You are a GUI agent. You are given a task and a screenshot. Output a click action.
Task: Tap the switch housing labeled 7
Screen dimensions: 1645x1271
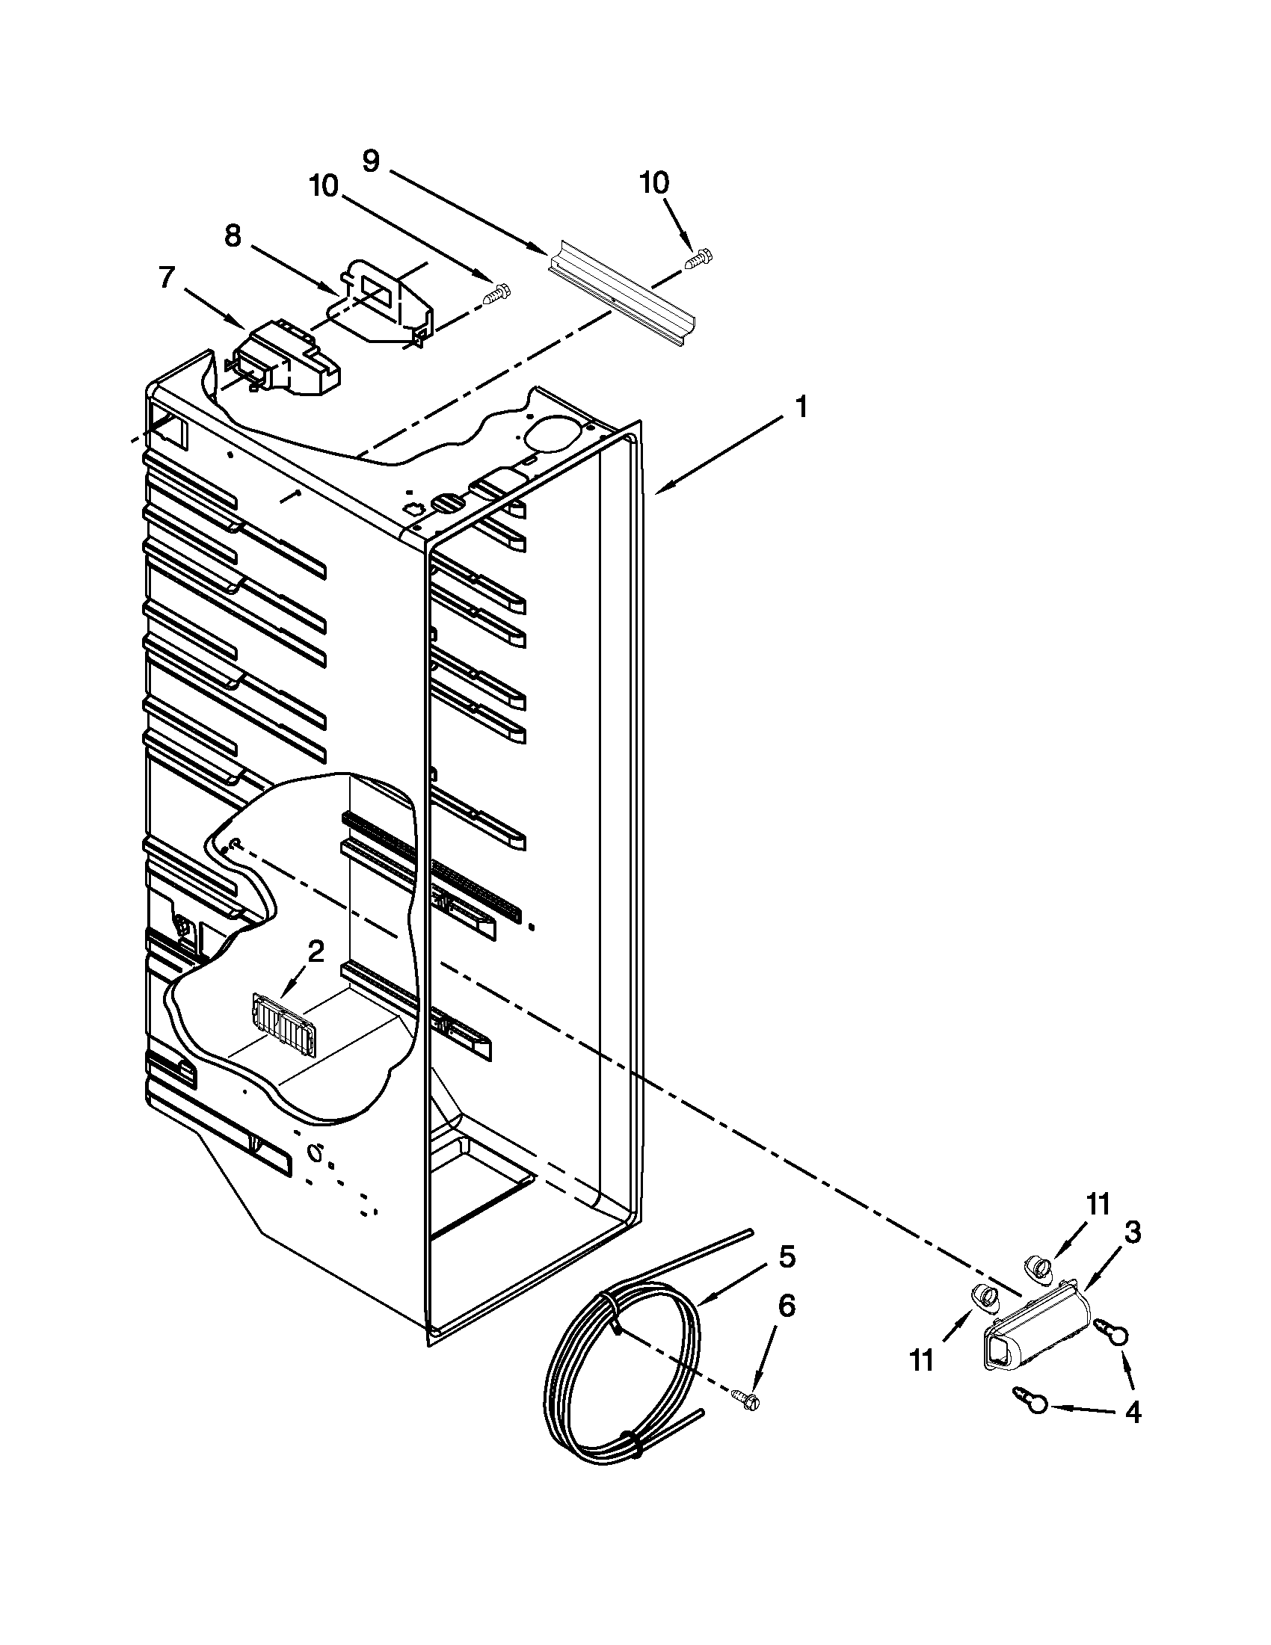click(x=286, y=362)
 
